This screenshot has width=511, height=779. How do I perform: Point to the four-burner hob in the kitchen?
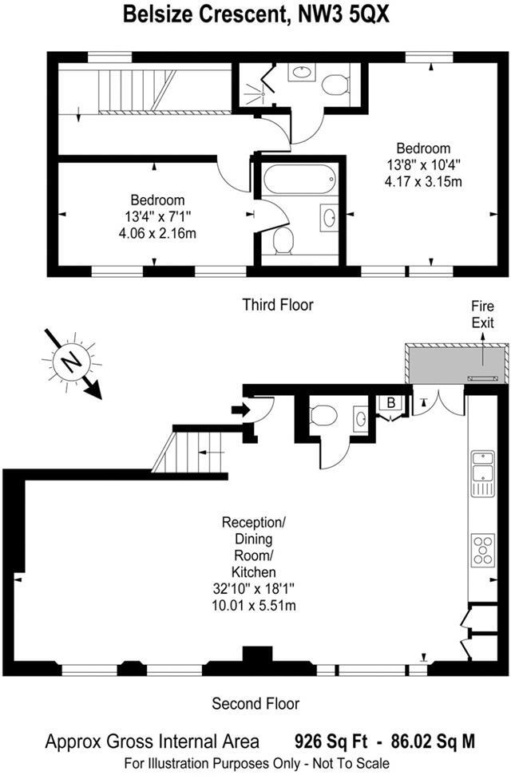click(x=484, y=549)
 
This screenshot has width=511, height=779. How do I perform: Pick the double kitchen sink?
click(x=482, y=471)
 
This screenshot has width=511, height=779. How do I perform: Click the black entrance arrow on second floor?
click(x=239, y=410)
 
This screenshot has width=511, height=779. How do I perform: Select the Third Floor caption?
click(x=278, y=304)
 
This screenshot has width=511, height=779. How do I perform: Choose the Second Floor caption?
click(x=255, y=703)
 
